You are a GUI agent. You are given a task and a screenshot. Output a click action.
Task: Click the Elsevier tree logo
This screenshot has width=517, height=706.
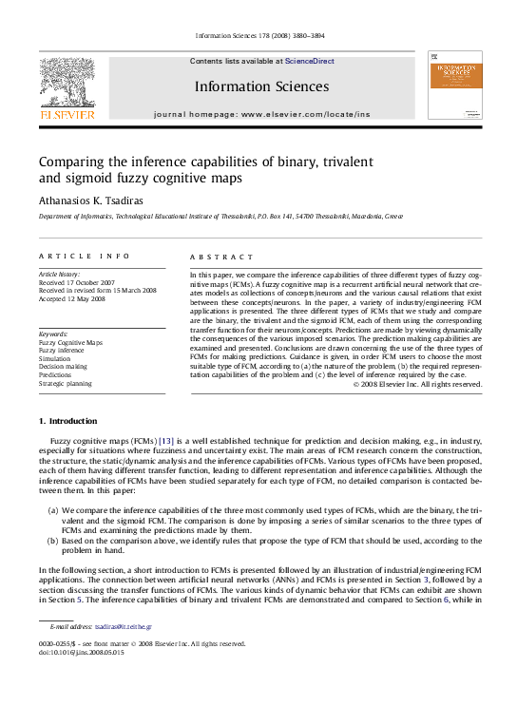67,85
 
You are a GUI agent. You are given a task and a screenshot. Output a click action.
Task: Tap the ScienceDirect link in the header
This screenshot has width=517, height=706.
309,61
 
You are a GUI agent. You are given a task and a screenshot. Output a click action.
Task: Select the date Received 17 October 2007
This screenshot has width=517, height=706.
76,282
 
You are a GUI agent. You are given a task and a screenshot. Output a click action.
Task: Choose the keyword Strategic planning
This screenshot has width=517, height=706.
66,384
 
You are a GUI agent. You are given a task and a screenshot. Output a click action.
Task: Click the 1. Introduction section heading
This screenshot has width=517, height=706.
67,420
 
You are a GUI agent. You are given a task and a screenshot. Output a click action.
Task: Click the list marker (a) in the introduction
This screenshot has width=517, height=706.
52,511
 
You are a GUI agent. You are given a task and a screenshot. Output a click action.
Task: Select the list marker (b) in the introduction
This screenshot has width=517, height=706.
53,542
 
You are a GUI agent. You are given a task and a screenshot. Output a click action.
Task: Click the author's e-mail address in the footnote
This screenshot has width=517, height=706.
123,627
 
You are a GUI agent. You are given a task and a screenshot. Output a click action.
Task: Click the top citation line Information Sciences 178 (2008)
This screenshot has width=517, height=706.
258,36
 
